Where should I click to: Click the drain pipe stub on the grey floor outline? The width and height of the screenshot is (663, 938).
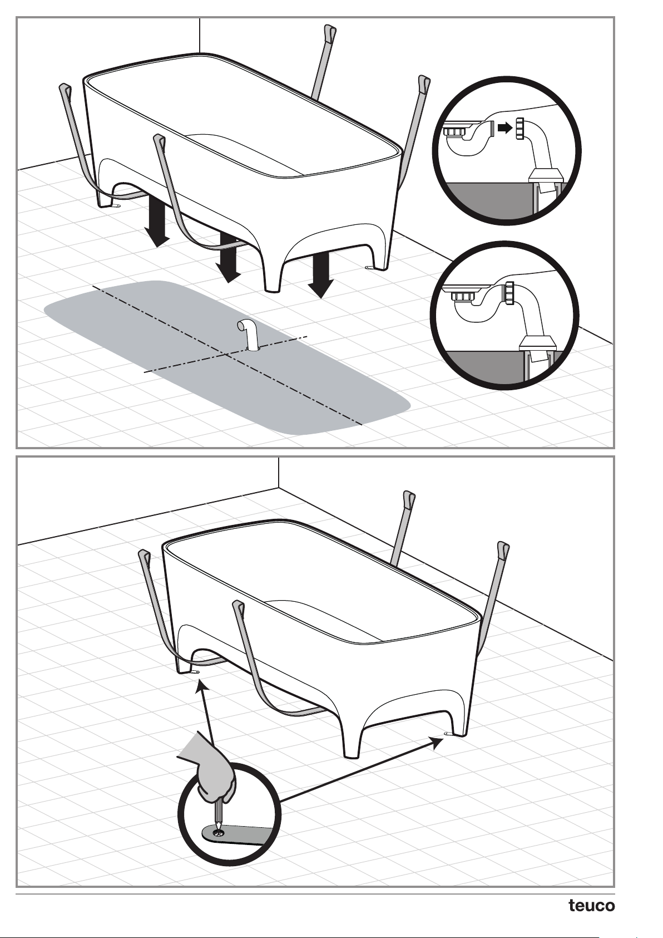pos(249,334)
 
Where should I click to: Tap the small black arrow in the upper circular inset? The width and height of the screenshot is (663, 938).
pos(506,127)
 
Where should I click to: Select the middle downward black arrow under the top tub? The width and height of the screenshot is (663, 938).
pos(227,258)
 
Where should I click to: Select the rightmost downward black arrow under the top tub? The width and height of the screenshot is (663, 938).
pos(321,276)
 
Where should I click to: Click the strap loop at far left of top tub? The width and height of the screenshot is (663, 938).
pos(66,90)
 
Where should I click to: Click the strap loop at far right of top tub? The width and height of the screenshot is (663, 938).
pos(424,82)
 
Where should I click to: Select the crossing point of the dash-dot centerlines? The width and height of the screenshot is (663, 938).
pos(226,354)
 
